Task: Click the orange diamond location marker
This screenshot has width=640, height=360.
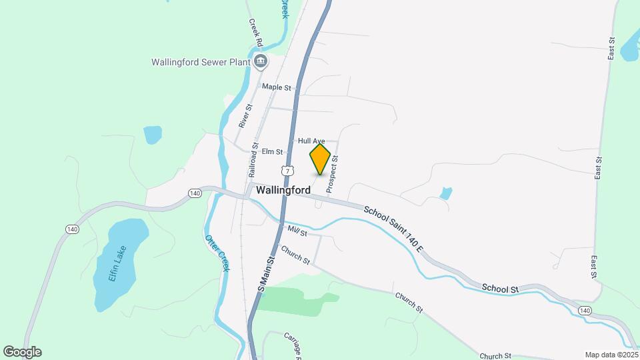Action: pyautogui.click(x=321, y=159)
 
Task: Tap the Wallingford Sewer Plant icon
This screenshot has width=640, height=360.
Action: pyautogui.click(x=261, y=63)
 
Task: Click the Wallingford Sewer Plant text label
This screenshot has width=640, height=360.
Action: pyautogui.click(x=200, y=63)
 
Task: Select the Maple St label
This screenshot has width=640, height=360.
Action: pyautogui.click(x=277, y=87)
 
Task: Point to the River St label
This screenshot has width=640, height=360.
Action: pyautogui.click(x=245, y=115)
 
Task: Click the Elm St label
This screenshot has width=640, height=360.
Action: pyautogui.click(x=273, y=152)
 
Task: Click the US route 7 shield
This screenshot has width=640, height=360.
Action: pyautogui.click(x=287, y=171)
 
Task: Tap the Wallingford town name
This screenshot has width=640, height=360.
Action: pyautogui.click(x=283, y=190)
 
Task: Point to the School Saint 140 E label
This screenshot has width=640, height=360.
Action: pyautogui.click(x=394, y=229)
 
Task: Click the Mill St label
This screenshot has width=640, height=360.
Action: pyautogui.click(x=297, y=231)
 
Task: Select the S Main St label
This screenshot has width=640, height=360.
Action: pyautogui.click(x=267, y=273)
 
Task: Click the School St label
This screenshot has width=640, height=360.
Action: pyautogui.click(x=500, y=289)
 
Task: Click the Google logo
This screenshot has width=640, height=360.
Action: pyautogui.click(x=22, y=351)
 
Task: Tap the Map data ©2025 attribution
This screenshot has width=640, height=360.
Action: pyautogui.click(x=610, y=355)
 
